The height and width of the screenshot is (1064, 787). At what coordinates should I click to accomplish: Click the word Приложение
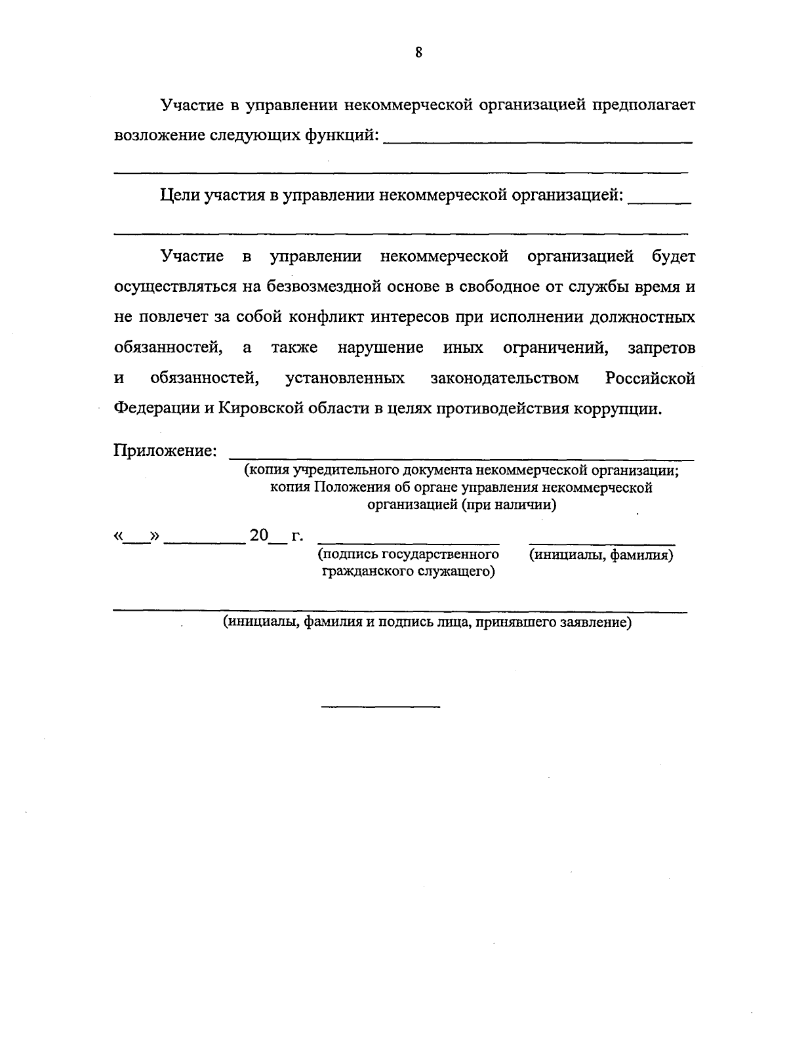coord(165,451)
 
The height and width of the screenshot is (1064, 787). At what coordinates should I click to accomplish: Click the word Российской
coord(650,379)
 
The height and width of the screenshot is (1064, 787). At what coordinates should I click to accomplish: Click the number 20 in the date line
coord(259,536)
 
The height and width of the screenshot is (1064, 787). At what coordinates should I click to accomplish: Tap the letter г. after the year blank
coord(297,536)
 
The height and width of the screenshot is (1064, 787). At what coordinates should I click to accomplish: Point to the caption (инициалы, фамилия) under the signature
coord(601,555)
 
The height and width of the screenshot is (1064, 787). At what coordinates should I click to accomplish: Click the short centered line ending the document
coord(380,706)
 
